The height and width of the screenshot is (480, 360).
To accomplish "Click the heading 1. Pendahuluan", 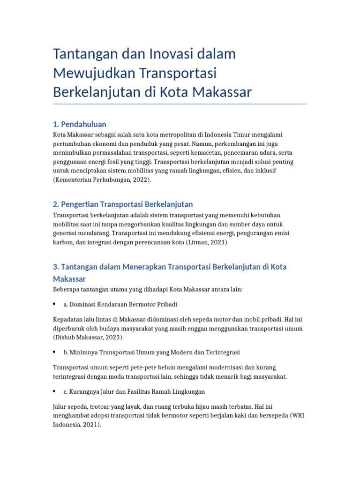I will (79, 124).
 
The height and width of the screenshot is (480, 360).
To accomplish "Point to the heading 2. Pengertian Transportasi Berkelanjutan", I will (123, 204).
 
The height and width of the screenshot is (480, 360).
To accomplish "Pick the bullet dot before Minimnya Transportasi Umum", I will (55, 352).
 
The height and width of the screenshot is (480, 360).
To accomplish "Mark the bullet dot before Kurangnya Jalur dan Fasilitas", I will (55, 391).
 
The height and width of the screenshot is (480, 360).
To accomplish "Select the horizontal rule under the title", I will (180, 104).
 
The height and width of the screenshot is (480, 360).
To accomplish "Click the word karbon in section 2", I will (62, 243).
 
